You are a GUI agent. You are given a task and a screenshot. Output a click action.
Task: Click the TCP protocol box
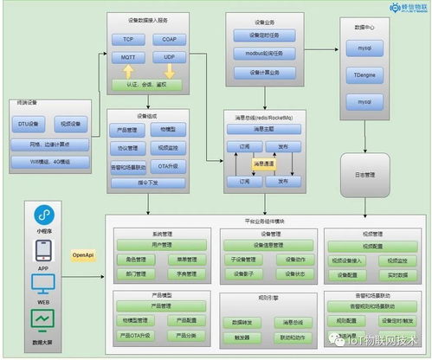[128, 40]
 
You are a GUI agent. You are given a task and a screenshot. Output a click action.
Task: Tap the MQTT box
[128, 57]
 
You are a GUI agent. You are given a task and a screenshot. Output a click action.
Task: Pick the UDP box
[168, 57]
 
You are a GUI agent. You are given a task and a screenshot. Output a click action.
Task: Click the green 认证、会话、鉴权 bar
[147, 85]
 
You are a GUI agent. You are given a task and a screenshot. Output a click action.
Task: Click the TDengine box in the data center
[364, 76]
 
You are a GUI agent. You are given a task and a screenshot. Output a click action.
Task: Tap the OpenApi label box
[82, 255]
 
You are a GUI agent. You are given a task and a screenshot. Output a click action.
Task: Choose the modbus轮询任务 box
[264, 54]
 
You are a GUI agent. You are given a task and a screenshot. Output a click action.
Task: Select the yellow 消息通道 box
[263, 163]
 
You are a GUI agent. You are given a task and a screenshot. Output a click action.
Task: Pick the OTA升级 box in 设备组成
[167, 164]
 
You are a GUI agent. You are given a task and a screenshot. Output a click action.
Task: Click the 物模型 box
[167, 129]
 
